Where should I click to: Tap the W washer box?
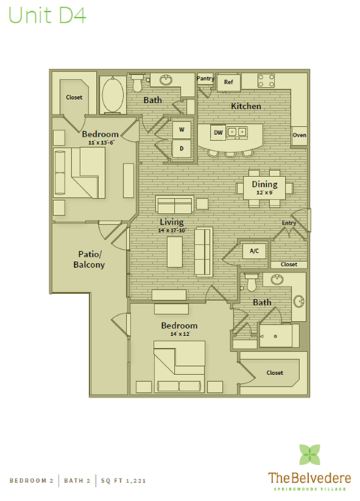point(181,130)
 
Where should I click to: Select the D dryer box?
point(181,148)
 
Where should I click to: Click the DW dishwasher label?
point(217,133)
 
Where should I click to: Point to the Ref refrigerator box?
point(229,82)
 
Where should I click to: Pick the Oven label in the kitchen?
point(298,136)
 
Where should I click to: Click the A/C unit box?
point(253,251)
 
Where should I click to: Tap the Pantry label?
point(205,78)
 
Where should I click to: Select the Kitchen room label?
point(246,106)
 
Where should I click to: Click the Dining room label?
point(264,184)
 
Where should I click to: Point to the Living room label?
point(172,222)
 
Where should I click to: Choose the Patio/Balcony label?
point(88,259)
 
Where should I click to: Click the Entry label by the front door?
point(289,223)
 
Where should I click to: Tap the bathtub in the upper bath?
point(112,95)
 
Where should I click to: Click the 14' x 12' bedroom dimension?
point(179,334)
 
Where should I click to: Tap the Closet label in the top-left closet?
point(73,97)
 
